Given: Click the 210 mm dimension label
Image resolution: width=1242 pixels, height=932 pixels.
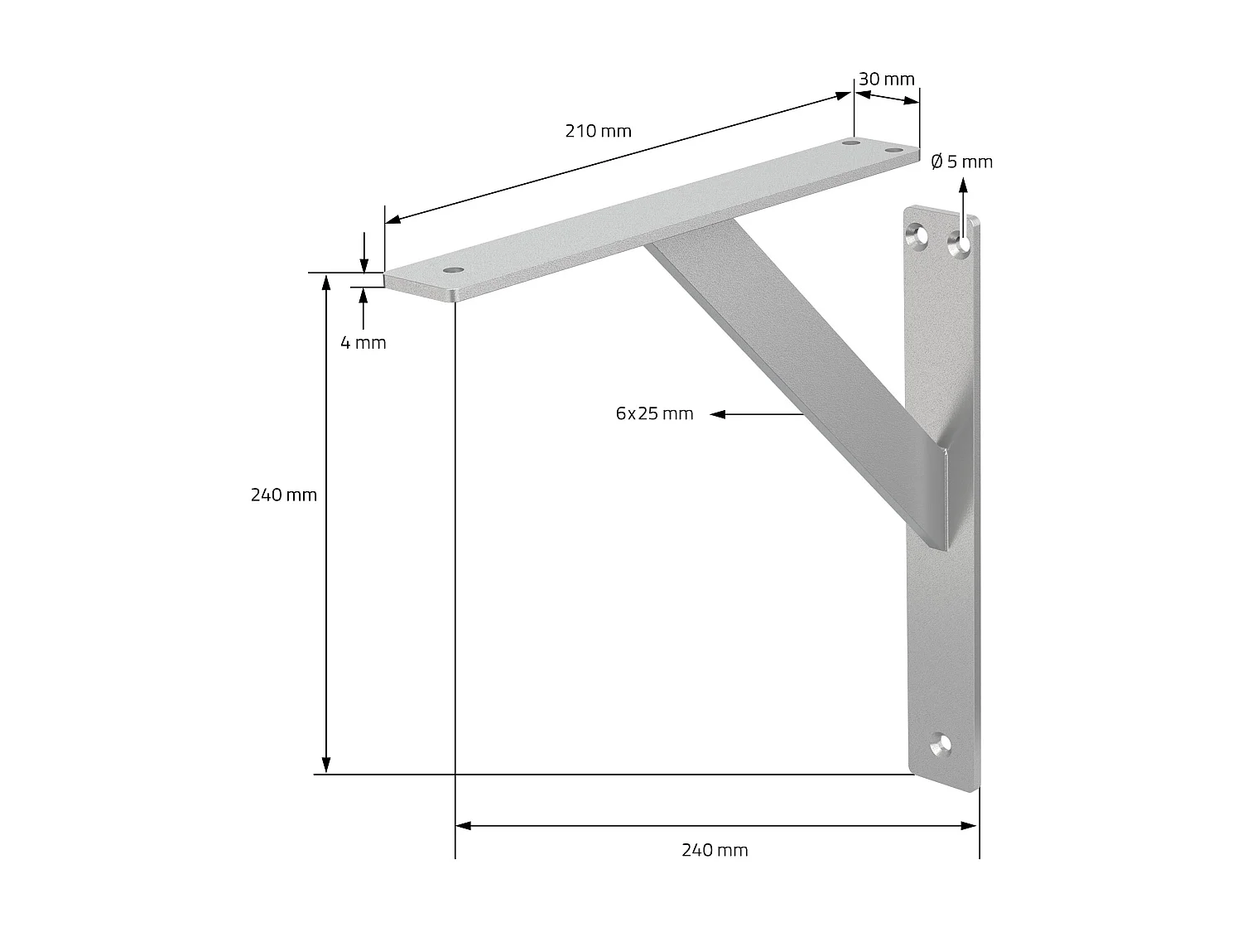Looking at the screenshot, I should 598,131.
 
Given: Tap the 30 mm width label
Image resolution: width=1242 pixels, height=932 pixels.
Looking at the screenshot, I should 886,80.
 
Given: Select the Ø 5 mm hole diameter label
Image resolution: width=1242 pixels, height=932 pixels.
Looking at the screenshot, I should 961,162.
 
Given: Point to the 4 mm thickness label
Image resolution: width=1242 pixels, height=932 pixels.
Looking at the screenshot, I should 363,342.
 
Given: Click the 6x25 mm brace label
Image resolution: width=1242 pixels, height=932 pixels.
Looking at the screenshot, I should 654,413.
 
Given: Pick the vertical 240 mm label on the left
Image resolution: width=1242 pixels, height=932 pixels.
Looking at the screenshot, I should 284,495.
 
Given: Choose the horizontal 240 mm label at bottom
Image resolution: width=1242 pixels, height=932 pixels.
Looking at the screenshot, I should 715,850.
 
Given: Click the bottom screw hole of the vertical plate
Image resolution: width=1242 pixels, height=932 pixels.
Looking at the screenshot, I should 941,747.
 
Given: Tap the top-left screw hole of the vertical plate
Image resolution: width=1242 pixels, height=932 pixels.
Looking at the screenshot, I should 917,236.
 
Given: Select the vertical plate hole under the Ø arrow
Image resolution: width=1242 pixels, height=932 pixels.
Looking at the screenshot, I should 960,244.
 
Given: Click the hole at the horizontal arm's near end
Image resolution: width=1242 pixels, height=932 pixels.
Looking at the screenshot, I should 452,271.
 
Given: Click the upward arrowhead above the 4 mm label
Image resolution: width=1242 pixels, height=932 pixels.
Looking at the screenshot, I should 363,294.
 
